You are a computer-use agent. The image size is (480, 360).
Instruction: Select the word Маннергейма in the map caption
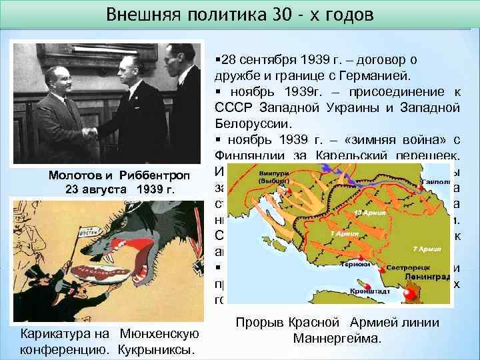coord(337,339)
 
